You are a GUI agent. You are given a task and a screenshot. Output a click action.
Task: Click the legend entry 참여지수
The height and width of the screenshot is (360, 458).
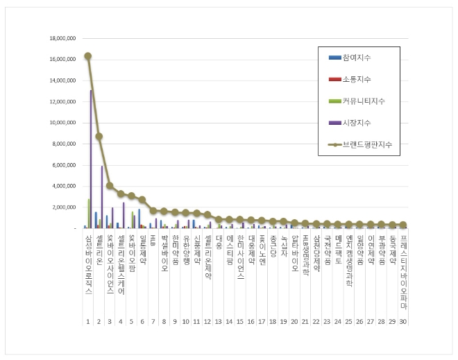click(x=357, y=57)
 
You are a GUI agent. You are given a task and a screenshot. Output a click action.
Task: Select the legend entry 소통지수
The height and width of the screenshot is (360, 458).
click(x=357, y=79)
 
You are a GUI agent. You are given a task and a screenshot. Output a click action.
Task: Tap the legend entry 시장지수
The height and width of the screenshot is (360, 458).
click(x=357, y=123)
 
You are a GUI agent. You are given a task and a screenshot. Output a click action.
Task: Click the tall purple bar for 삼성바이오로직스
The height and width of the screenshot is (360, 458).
click(x=91, y=160)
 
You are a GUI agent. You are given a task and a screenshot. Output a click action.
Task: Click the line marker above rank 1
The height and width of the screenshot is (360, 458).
click(x=88, y=56)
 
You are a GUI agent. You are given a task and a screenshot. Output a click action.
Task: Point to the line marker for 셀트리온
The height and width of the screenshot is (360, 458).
click(x=99, y=136)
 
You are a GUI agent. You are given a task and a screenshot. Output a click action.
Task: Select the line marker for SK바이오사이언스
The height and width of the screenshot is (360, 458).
click(x=110, y=186)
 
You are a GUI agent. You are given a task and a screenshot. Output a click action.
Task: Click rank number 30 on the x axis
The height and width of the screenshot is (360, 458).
click(x=403, y=321)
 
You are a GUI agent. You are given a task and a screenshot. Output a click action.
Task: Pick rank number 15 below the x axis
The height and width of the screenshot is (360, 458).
click(x=240, y=321)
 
